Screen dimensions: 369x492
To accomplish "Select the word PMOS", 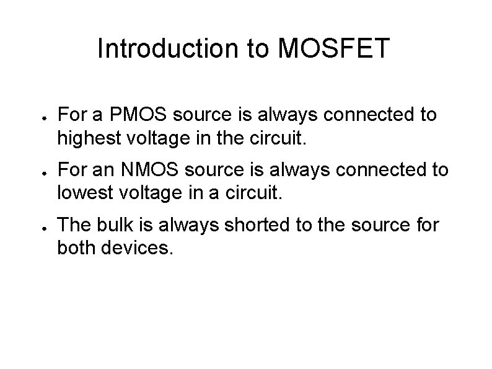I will coord(131,115).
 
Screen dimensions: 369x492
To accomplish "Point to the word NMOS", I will coord(140,169).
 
